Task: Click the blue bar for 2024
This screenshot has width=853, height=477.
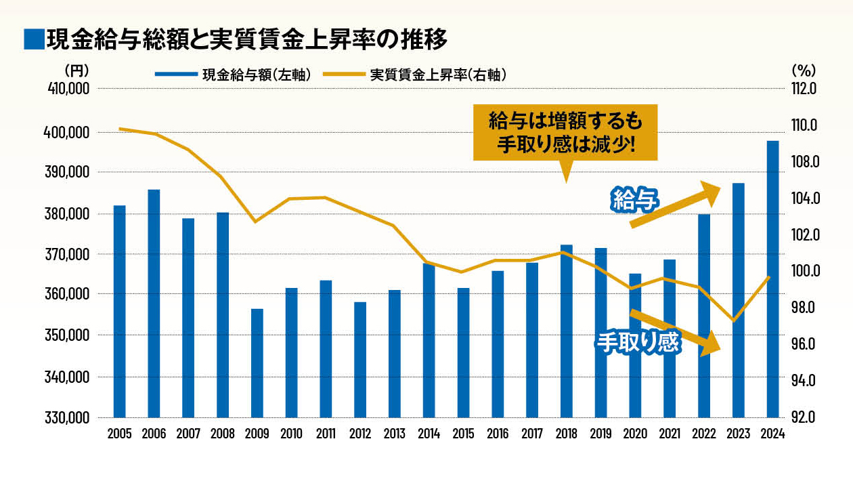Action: pos(772,278)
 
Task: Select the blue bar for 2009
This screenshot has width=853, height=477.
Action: pos(257,362)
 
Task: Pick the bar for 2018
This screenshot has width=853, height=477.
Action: pos(566,331)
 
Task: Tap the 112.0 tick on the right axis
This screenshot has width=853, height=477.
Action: pos(804,89)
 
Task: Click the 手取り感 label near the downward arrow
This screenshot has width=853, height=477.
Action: pos(636,342)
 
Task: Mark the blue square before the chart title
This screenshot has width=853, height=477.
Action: pos(32,39)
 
